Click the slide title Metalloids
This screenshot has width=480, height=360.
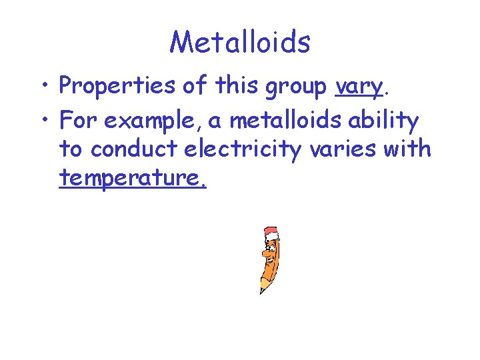240,42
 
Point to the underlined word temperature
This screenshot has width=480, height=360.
132,179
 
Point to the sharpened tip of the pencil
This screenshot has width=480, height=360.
261,291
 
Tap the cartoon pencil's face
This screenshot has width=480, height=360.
268,253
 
